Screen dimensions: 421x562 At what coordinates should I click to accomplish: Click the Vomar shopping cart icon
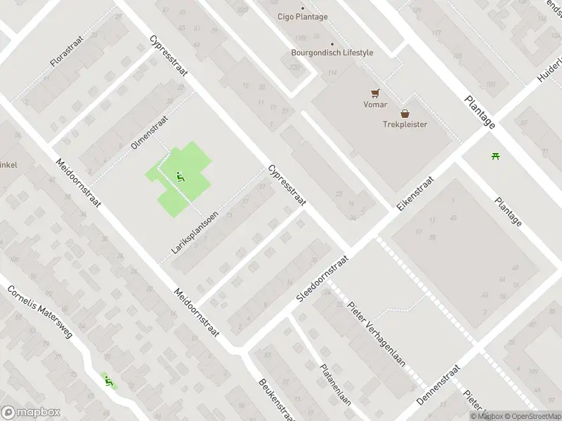click(x=375, y=93)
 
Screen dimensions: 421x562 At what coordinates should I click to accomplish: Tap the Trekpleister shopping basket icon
click(x=405, y=113)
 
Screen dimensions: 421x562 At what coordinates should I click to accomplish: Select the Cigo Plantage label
click(x=302, y=17)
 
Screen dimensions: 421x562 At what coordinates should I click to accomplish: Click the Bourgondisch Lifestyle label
click(x=332, y=53)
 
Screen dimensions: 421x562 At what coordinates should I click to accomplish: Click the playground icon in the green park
click(x=180, y=176)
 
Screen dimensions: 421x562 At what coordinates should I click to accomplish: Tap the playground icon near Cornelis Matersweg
click(x=108, y=381)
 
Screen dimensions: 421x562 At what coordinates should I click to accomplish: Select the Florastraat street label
click(x=67, y=51)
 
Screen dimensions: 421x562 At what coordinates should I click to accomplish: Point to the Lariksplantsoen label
click(x=195, y=232)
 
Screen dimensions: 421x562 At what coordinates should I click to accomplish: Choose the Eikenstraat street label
click(x=415, y=194)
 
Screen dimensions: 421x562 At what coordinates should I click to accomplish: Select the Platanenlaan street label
click(x=335, y=385)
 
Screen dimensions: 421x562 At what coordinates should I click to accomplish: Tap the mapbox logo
click(x=30, y=413)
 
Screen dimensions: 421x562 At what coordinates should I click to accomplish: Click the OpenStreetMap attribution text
click(x=530, y=416)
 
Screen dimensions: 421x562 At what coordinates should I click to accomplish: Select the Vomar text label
click(x=375, y=105)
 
